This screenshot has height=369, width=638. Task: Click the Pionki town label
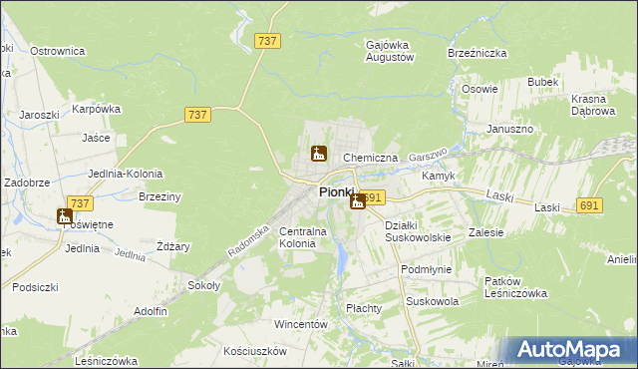(x=337, y=191)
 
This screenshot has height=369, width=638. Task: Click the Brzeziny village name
(x=159, y=197)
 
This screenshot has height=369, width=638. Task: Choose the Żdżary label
(x=173, y=246)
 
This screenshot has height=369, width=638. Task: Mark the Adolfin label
(x=150, y=311)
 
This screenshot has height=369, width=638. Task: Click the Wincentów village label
(x=301, y=325)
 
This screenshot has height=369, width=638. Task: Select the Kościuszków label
(x=255, y=351)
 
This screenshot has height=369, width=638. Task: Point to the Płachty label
(x=364, y=308)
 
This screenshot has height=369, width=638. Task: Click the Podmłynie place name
(x=426, y=270)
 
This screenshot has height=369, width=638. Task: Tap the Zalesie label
(x=485, y=232)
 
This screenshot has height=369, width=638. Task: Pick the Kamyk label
(x=439, y=176)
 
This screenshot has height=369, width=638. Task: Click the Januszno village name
(x=510, y=130)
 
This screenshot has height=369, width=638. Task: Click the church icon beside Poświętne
(x=65, y=215)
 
